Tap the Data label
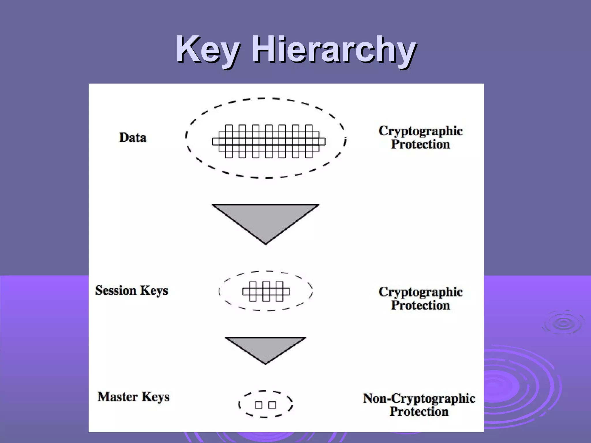[x=133, y=138]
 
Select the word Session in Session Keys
[x=115, y=290]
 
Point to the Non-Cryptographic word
[x=419, y=398]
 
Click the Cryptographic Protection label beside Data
[x=420, y=137]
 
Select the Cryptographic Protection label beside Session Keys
[x=420, y=298]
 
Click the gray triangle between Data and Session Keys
[x=265, y=219]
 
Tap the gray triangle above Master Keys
[x=265, y=347]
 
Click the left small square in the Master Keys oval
[x=259, y=405]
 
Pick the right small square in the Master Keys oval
[x=272, y=405]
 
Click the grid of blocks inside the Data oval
[x=269, y=141]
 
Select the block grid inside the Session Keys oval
[x=266, y=292]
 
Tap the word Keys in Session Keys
[x=154, y=290]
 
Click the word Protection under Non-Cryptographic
[x=419, y=412]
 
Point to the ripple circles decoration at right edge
[x=563, y=323]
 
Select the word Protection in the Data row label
[x=420, y=144]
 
